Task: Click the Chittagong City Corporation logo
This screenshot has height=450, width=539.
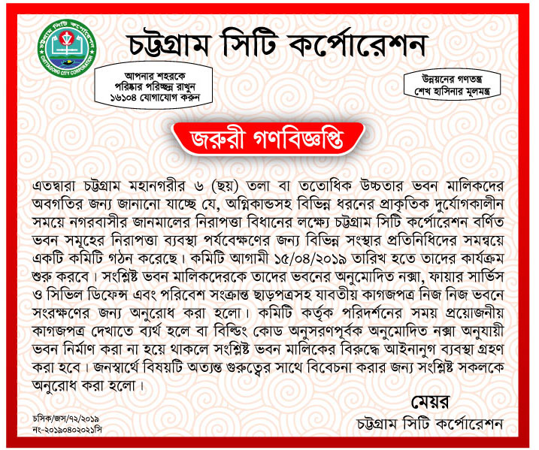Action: pyautogui.click(x=65, y=48)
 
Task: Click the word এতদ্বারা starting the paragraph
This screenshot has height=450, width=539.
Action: pyautogui.click(x=60, y=186)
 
